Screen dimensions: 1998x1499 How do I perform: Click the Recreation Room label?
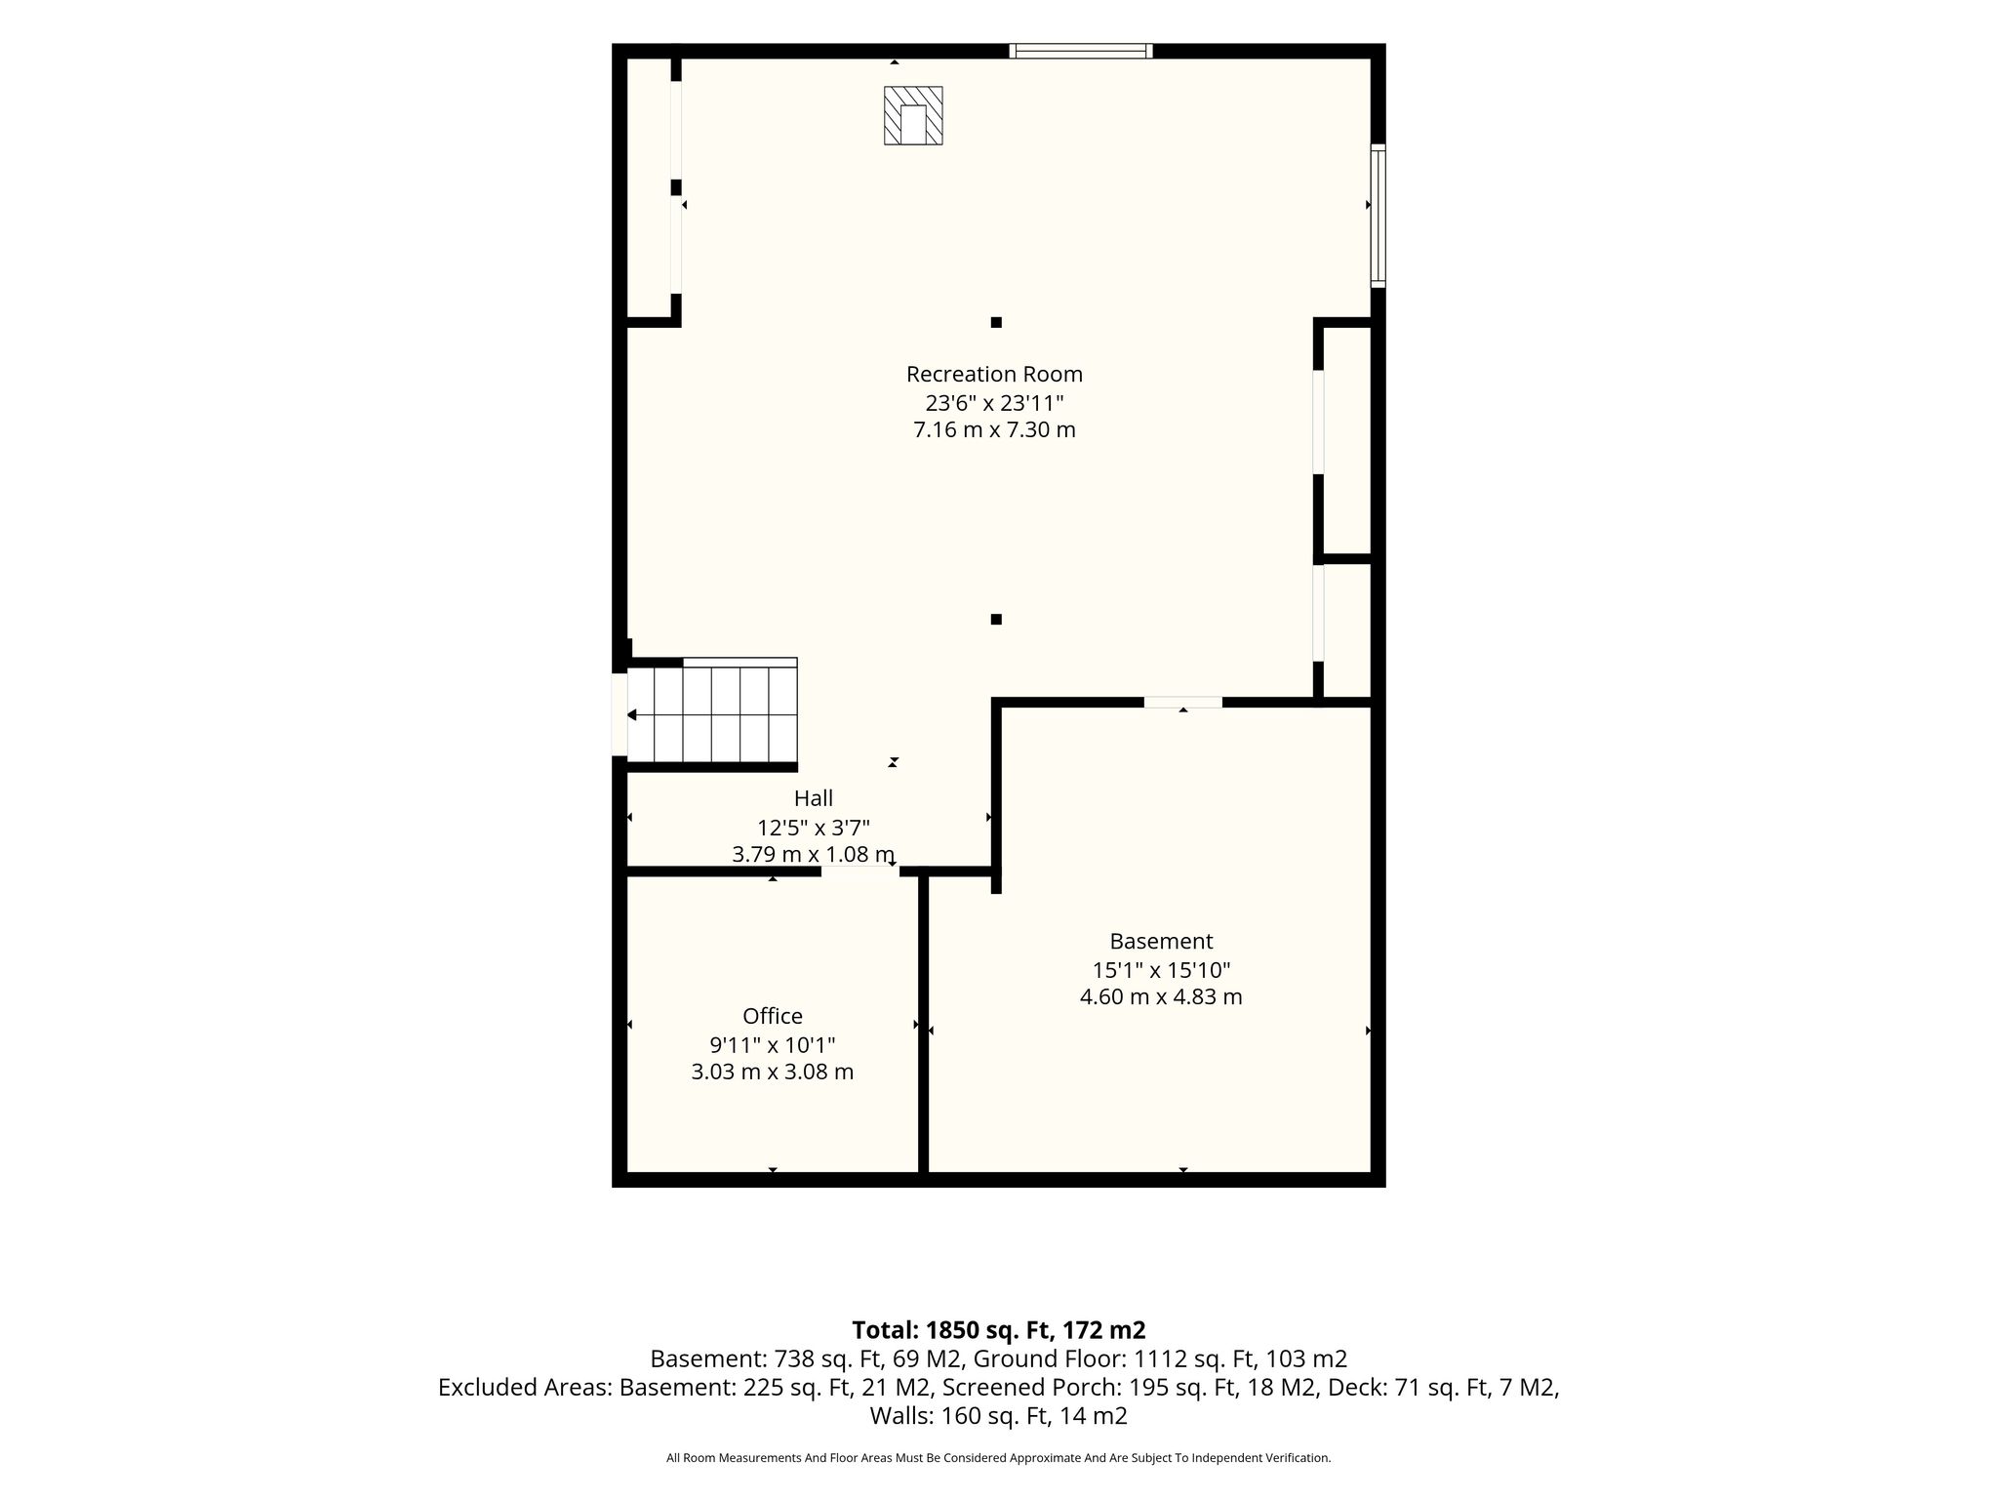click(x=994, y=374)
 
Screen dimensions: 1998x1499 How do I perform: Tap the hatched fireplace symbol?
click(x=913, y=116)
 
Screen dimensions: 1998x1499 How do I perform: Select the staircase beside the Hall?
click(x=712, y=713)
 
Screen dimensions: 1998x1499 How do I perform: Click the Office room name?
click(x=773, y=1016)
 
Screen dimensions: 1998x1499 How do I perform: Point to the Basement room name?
click(x=1161, y=941)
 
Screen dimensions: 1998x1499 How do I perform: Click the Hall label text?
click(x=814, y=798)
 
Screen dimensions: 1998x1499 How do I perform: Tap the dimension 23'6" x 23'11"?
click(x=994, y=402)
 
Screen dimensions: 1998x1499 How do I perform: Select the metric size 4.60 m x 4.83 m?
click(x=1161, y=997)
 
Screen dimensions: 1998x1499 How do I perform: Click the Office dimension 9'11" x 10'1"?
click(x=773, y=1045)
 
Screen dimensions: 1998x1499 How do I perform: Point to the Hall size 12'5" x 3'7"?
click(x=814, y=828)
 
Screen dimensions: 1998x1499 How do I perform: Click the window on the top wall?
click(x=1081, y=51)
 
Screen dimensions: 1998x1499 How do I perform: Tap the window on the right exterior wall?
click(x=1378, y=216)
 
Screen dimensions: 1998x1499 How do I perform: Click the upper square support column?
click(x=996, y=322)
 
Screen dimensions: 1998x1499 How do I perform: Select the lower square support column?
click(x=996, y=619)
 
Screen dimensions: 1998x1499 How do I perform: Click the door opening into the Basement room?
click(x=1182, y=702)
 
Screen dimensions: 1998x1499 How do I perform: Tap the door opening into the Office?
click(x=859, y=871)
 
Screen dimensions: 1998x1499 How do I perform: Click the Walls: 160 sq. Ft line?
click(x=999, y=1416)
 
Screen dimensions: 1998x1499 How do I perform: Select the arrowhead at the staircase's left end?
click(x=631, y=715)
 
